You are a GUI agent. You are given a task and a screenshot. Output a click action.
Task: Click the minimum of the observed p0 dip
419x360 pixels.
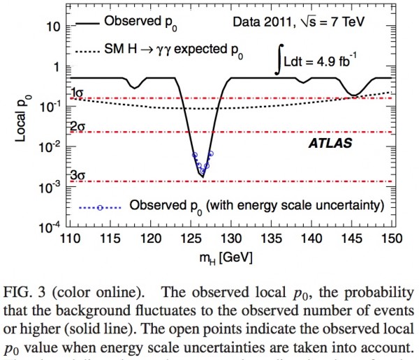[x=203, y=177]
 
